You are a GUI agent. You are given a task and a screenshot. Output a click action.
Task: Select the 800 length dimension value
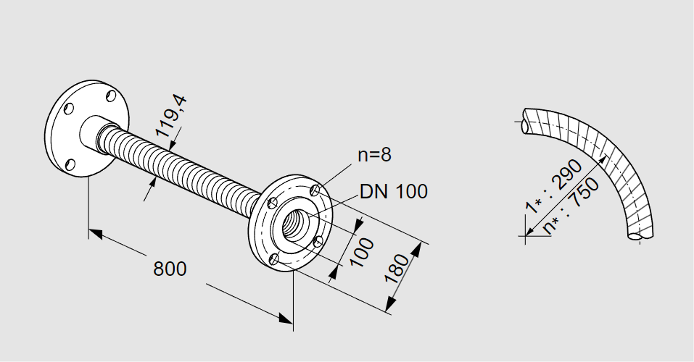tap(170, 269)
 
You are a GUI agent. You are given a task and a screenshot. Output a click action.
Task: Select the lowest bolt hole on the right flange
tap(274, 258)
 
